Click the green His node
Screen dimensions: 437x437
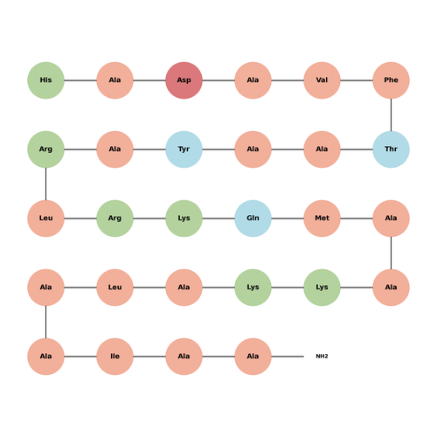[x=45, y=80]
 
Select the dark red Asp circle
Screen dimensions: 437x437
[x=184, y=80]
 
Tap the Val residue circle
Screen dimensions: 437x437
[x=322, y=80]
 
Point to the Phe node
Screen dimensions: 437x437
[x=391, y=80]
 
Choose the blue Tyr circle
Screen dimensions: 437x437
[x=184, y=149]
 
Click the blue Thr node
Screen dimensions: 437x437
[x=391, y=149]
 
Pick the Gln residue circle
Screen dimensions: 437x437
[x=253, y=218]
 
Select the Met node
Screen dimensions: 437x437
[x=322, y=218]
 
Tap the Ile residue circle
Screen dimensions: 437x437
[x=114, y=357]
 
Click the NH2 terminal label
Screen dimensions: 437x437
[x=322, y=357]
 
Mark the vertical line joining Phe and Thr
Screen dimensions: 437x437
[x=391, y=114]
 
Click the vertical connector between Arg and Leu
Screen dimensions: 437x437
[x=45, y=184]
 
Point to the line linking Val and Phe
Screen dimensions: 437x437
[x=357, y=80]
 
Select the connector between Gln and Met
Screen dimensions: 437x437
[x=288, y=218]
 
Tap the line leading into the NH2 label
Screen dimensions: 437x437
[x=288, y=357]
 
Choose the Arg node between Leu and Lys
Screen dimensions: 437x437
[x=114, y=218]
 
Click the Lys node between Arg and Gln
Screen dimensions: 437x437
[x=184, y=218]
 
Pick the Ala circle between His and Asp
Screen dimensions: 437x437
[x=114, y=80]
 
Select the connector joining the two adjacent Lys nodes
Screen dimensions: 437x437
[x=288, y=288]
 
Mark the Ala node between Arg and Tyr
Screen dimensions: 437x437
[x=114, y=149]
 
